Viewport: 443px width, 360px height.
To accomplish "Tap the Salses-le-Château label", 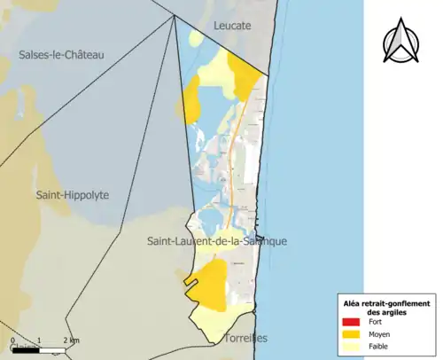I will click(61, 55).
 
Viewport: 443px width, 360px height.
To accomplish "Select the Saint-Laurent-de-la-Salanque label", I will click(217, 241).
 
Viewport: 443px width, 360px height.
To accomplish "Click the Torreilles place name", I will click(245, 338).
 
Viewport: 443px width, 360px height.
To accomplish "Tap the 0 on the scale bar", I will click(13, 340).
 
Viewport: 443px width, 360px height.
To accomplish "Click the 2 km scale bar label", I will click(70, 340).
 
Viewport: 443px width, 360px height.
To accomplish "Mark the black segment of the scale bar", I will click(26, 351).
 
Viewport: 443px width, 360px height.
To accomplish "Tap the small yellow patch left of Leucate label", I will click(195, 38).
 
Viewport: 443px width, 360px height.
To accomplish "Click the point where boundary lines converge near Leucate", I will click(175, 17).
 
